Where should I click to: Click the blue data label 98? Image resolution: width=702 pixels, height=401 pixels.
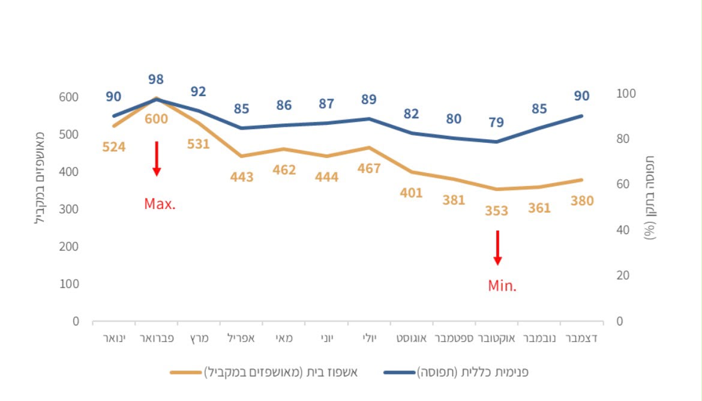(x=156, y=79)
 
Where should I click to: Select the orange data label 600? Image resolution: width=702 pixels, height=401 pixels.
(x=156, y=119)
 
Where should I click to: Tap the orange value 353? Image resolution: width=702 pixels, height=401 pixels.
(x=497, y=211)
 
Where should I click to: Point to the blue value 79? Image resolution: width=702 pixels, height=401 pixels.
(x=496, y=122)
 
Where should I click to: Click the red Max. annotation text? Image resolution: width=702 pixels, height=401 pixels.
(x=160, y=204)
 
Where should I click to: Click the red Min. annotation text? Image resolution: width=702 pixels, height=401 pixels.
(x=502, y=285)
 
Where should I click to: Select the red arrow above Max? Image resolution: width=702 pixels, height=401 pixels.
(x=157, y=159)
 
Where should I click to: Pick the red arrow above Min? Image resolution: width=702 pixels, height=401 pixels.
(x=497, y=248)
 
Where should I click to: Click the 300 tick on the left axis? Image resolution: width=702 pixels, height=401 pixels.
(x=68, y=210)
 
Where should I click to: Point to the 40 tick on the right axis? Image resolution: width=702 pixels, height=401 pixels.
(x=623, y=230)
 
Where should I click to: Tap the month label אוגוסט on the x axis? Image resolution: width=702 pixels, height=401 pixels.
(x=412, y=339)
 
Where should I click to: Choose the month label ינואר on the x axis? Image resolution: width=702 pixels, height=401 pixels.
(x=114, y=339)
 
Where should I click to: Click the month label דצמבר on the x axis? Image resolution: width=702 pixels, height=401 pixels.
(x=581, y=339)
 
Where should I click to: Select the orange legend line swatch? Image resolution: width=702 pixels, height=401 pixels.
(x=186, y=372)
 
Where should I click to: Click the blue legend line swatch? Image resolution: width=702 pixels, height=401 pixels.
(x=400, y=372)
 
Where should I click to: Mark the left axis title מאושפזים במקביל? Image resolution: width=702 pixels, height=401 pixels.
(x=40, y=178)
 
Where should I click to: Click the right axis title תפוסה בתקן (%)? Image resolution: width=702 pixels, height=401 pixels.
(x=650, y=197)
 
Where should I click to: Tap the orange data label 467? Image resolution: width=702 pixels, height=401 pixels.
(x=369, y=169)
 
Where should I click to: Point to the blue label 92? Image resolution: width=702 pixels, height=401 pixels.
(x=199, y=91)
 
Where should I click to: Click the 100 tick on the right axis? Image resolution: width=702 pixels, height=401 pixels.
(x=626, y=94)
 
